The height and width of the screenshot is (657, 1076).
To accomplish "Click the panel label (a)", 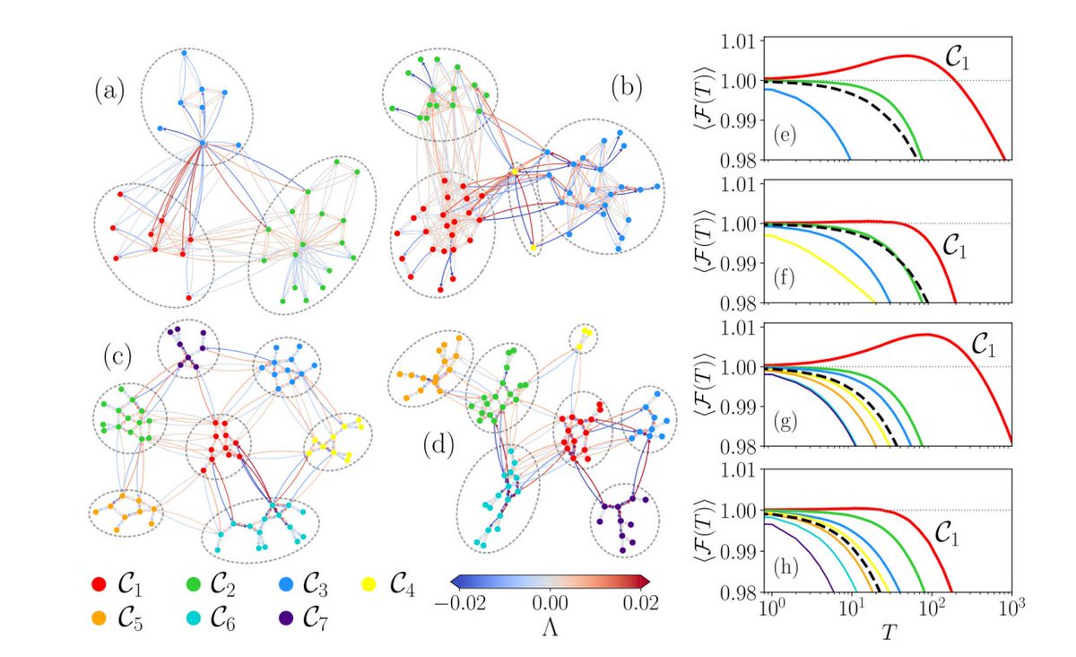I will pos(110,92).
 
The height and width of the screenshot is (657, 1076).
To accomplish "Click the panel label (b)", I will pos(626,87).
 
